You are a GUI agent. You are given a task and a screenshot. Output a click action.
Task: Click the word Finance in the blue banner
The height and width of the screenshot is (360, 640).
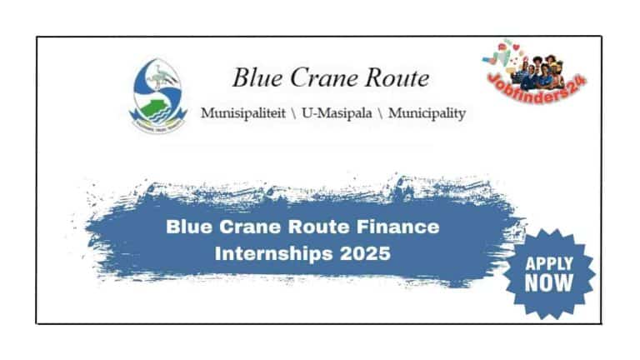coord(397,226)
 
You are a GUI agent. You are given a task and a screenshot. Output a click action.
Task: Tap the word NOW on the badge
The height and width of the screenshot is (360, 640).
coord(549,283)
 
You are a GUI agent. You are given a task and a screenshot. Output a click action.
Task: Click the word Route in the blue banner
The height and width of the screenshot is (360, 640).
coord(322,226)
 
